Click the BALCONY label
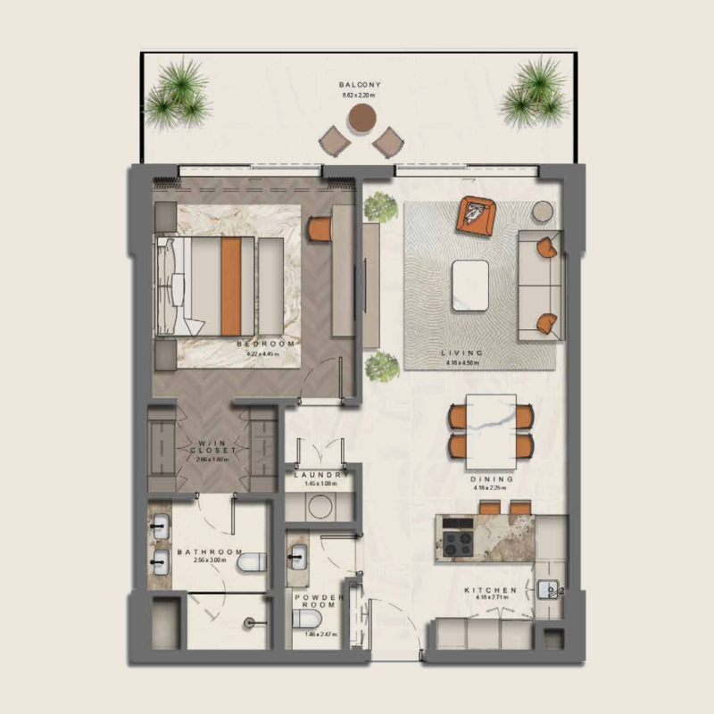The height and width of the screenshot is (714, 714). [x=361, y=85]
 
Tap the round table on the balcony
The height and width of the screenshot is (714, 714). [x=362, y=117]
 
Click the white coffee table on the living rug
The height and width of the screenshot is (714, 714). [x=469, y=285]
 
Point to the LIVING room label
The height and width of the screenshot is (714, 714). [x=462, y=353]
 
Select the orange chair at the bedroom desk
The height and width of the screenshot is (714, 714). [x=320, y=228]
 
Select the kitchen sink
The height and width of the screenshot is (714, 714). [x=548, y=589]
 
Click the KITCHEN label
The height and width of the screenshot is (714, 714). [x=490, y=592]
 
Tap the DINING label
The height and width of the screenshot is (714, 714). [x=489, y=479]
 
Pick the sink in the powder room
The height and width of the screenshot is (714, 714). [x=299, y=556]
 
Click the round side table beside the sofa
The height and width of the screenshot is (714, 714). [x=544, y=212]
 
